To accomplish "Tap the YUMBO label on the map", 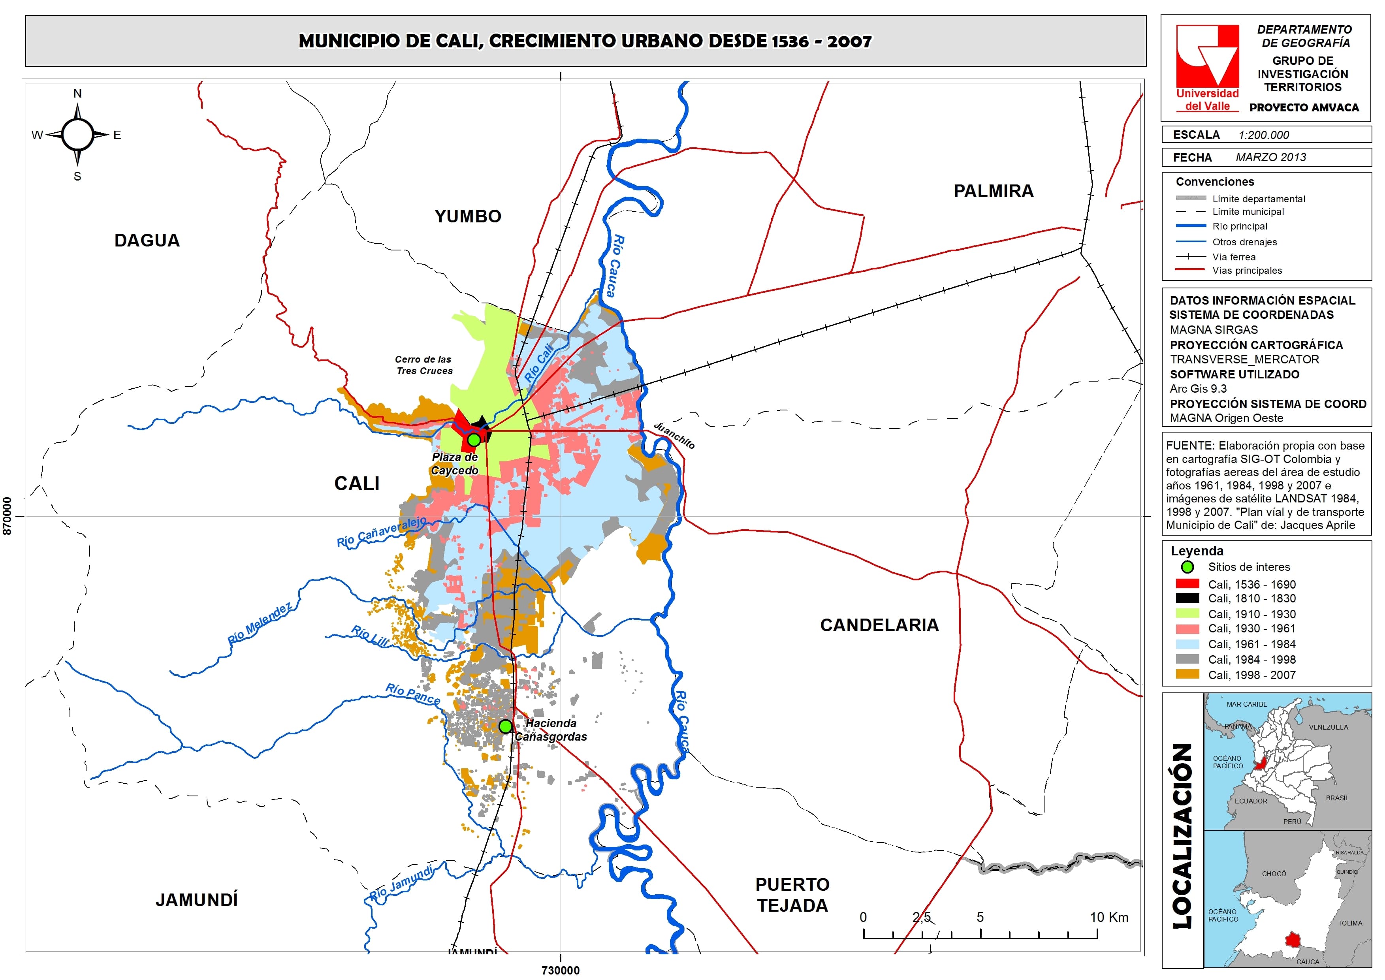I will pyautogui.click(x=468, y=216).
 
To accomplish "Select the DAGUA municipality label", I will pyautogui.click(x=147, y=240).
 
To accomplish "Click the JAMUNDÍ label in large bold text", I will pyautogui.click(x=197, y=900).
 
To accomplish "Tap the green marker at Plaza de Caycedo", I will pyautogui.click(x=474, y=439).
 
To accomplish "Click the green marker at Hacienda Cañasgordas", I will pyautogui.click(x=506, y=726).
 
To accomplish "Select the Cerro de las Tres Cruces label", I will pyautogui.click(x=423, y=365).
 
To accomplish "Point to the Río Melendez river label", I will pyautogui.click(x=260, y=623).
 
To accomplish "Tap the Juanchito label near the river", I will pyautogui.click(x=674, y=435).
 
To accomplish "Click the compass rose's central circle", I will pyautogui.click(x=77, y=135).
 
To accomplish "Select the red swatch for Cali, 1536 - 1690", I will pyautogui.click(x=1187, y=583).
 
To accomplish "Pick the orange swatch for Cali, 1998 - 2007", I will pyautogui.click(x=1187, y=674).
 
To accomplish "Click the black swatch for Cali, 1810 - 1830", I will pyautogui.click(x=1187, y=598).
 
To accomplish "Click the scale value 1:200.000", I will pyautogui.click(x=1264, y=135).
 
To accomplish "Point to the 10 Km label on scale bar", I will pyautogui.click(x=1108, y=917).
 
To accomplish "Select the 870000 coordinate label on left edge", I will pyautogui.click(x=7, y=515).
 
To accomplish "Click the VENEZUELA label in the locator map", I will pyautogui.click(x=1328, y=727).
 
